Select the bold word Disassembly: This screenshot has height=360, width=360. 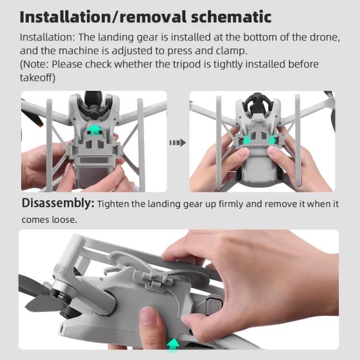58,204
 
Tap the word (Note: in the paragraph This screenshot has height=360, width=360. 35,64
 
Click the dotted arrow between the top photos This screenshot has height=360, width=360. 178,143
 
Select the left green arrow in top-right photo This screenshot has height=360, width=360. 247,140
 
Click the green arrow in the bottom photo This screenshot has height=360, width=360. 173,343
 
